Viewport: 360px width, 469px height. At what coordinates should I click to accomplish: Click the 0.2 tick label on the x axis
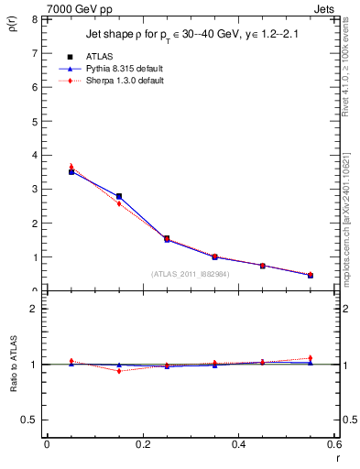[142, 444]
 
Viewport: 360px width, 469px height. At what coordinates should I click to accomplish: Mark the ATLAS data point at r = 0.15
[118, 196]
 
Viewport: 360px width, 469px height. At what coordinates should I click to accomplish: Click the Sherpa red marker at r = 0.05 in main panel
[71, 167]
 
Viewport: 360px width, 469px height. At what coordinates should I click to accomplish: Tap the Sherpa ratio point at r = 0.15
[118, 370]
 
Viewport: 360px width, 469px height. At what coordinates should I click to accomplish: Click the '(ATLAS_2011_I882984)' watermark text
[190, 273]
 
